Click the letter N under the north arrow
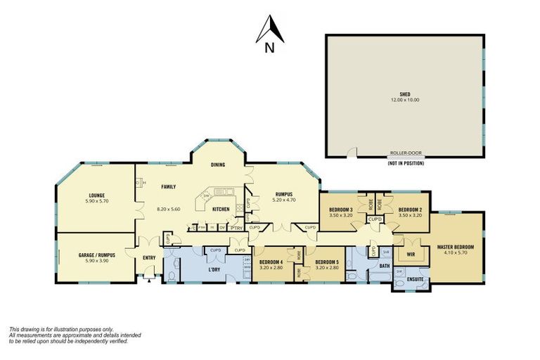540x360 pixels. [x=270, y=49]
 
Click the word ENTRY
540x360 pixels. [x=149, y=257]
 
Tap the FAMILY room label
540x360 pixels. [x=168, y=186]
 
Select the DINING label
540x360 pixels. [x=218, y=165]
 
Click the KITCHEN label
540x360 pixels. [x=221, y=209]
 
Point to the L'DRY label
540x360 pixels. [x=215, y=270]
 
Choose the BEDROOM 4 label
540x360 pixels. [x=271, y=263]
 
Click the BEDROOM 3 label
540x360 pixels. [x=340, y=210]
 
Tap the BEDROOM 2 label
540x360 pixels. [x=409, y=210]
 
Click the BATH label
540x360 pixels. [x=385, y=266]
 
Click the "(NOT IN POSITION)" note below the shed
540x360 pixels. [x=404, y=163]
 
